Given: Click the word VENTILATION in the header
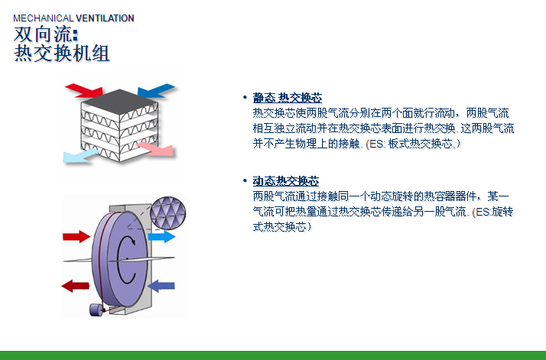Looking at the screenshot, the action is (x=105, y=18).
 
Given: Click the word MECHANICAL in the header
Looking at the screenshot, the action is (x=43, y=18).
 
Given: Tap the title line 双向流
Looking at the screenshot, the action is (x=46, y=34).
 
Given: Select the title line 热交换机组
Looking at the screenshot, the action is (x=62, y=54).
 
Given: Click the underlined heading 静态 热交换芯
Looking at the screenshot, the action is (x=288, y=98).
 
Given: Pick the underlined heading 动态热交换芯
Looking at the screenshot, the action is (x=286, y=181).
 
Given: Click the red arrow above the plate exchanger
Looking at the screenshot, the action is (x=84, y=90).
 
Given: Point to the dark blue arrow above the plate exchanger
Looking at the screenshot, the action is (x=156, y=90).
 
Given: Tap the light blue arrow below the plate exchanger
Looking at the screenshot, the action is (x=80, y=156).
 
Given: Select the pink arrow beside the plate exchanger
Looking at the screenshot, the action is (x=155, y=148).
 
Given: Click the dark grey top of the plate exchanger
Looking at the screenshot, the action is (x=119, y=98).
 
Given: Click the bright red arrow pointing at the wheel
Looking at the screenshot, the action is (x=76, y=237).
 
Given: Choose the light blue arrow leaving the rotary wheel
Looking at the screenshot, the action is (x=161, y=237).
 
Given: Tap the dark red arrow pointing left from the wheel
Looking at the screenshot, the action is (x=75, y=286).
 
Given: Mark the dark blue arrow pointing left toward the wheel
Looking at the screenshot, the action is (x=161, y=286).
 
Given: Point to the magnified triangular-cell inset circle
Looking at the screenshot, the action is (x=167, y=212).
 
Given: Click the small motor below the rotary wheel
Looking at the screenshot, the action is (x=96, y=310).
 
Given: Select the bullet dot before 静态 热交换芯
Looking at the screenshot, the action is (x=245, y=98).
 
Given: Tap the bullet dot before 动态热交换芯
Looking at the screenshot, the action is (x=245, y=181).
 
